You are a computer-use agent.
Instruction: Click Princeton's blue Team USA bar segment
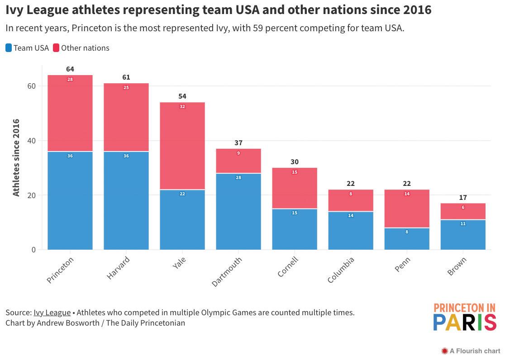tap(70, 201)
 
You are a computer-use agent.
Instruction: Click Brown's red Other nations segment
tap(463, 212)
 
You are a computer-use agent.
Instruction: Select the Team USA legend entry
tap(27, 48)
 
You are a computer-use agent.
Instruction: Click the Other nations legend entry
tap(81, 48)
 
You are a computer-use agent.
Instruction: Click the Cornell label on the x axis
tap(288, 267)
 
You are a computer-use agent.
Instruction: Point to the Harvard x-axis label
tap(119, 268)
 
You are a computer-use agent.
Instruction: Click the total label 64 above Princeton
tap(70, 69)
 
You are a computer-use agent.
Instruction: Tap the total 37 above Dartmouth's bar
tap(238, 143)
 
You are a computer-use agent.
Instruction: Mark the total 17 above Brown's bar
tap(463, 198)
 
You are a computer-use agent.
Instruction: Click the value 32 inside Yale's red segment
tap(182, 107)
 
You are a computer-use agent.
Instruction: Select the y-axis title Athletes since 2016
tap(16, 157)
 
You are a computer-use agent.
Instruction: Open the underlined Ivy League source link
tap(52, 313)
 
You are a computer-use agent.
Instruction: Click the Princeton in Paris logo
tap(465, 317)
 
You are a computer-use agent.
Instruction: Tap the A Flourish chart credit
tap(471, 351)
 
